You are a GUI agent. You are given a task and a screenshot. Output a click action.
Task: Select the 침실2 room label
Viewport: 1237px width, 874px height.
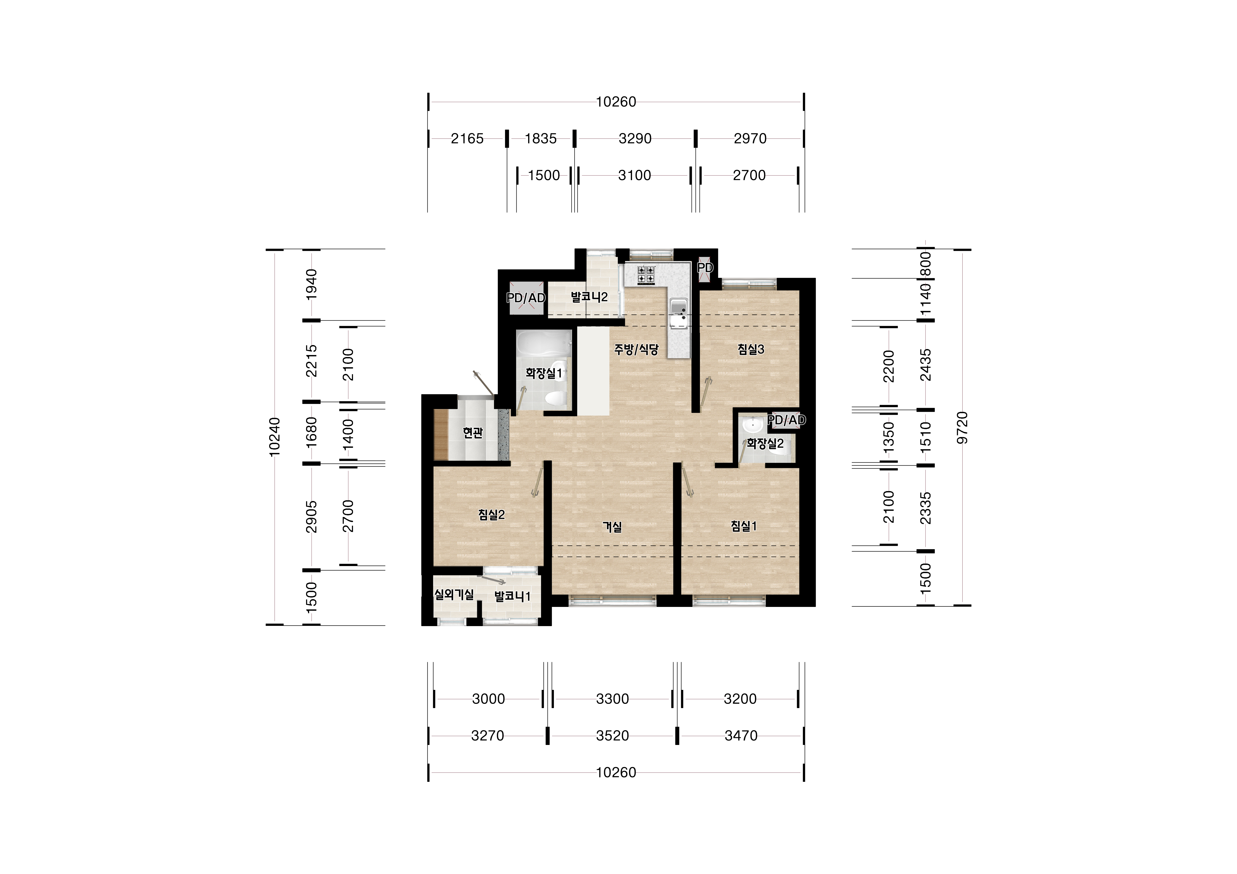[491, 515]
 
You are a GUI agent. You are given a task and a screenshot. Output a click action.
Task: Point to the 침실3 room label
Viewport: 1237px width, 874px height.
[751, 350]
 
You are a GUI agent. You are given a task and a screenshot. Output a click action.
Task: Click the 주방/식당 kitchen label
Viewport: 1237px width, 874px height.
[636, 350]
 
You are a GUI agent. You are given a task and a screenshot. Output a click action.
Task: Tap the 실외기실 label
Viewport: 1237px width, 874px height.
[454, 594]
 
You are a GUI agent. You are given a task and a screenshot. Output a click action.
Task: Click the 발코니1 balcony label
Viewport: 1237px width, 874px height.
[512, 596]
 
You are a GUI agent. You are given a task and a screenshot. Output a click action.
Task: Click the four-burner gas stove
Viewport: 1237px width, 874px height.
[646, 275]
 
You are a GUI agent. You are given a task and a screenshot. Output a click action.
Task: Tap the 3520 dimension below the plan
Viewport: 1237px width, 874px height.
[613, 736]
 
